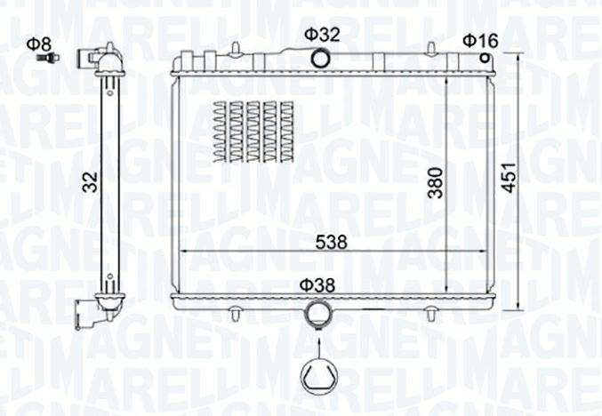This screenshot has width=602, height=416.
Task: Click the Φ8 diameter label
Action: (x=39, y=44)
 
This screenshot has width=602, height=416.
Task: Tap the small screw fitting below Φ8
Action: (x=48, y=58)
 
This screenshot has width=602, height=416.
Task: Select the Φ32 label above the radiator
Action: (x=322, y=35)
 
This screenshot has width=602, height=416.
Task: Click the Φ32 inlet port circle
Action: (x=319, y=59)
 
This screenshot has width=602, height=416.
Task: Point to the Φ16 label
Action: (x=480, y=41)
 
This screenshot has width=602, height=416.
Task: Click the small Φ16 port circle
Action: (x=486, y=59)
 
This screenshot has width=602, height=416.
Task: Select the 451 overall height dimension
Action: (x=510, y=177)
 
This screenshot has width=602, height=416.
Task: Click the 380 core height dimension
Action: (x=436, y=183)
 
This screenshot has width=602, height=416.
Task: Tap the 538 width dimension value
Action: (x=331, y=242)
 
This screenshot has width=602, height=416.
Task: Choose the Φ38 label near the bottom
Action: (x=317, y=285)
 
